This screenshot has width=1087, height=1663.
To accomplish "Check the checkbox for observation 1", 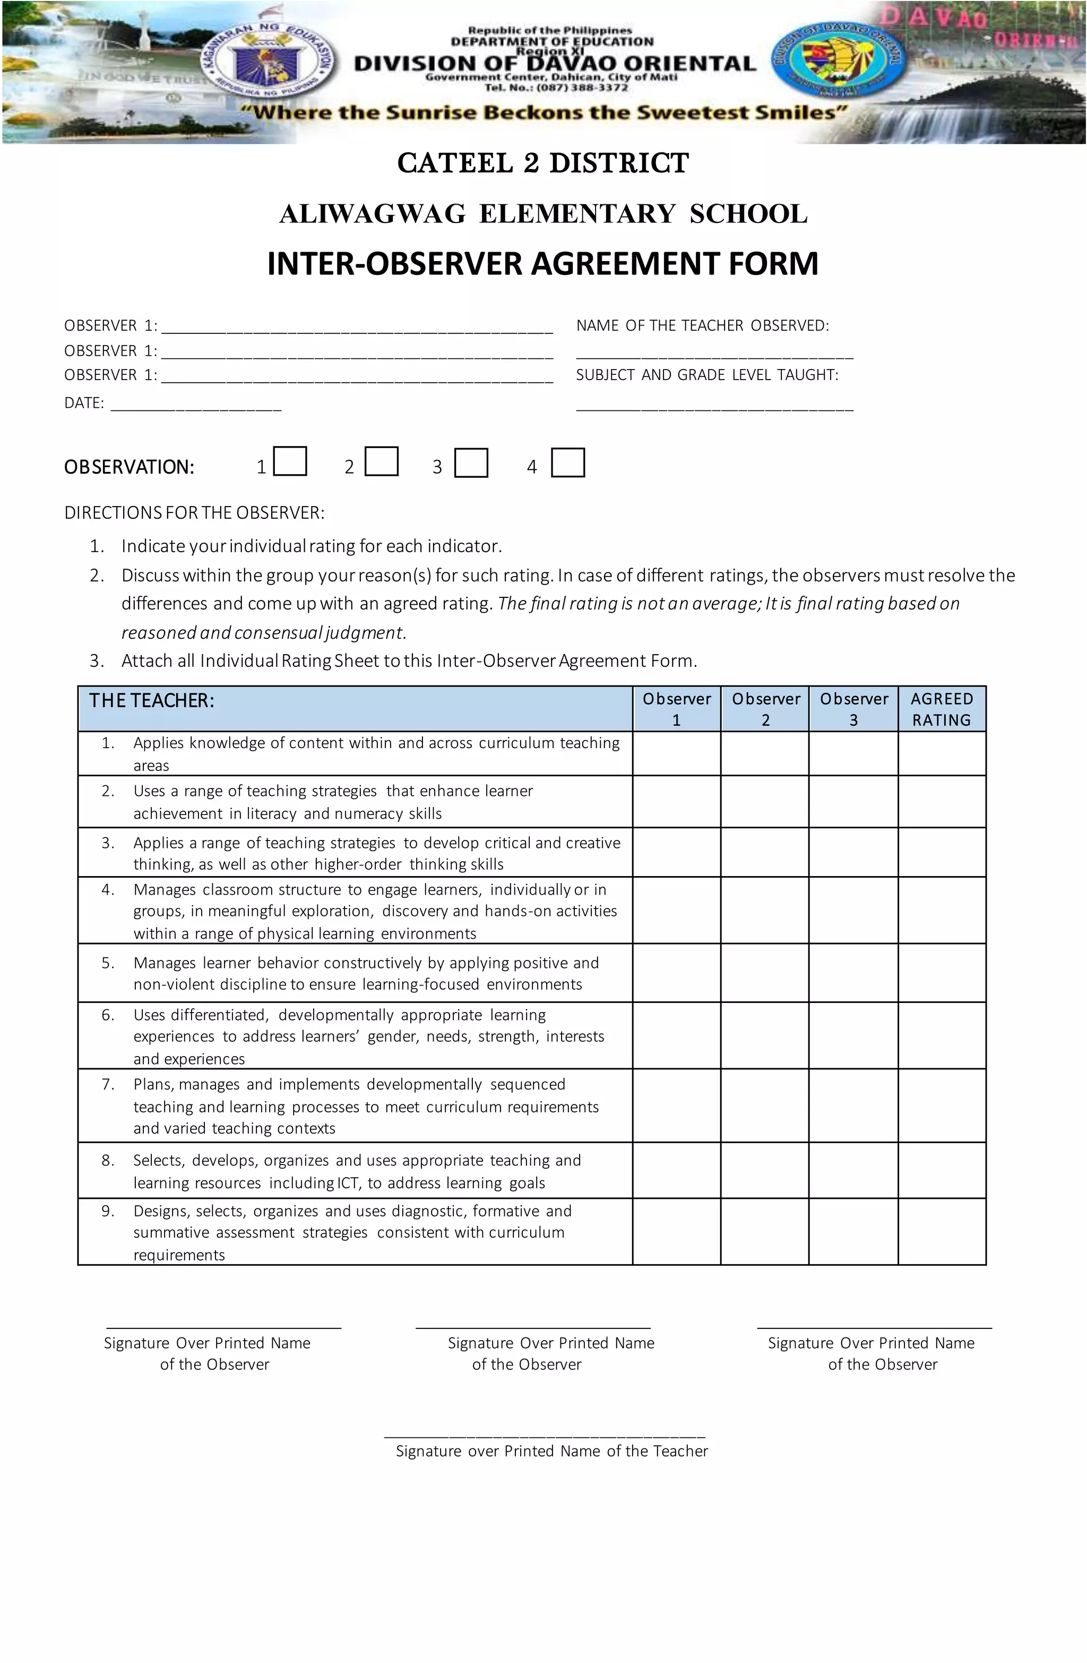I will pyautogui.click(x=290, y=462).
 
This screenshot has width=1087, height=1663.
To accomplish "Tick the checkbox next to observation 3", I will pyautogui.click(x=471, y=462).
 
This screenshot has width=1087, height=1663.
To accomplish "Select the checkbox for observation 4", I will pyautogui.click(x=567, y=462).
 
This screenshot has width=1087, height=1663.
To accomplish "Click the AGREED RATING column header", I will pyautogui.click(x=941, y=708).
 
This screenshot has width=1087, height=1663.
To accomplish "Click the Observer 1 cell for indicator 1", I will pyautogui.click(x=676, y=753).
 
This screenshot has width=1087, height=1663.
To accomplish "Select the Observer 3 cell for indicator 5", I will pyautogui.click(x=853, y=973).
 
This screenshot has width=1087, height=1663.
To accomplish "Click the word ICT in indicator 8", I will pyautogui.click(x=348, y=1183).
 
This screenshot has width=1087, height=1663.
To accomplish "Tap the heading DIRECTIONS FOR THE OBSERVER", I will pyautogui.click(x=194, y=513).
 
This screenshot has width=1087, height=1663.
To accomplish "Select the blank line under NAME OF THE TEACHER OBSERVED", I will pyautogui.click(x=714, y=356).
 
